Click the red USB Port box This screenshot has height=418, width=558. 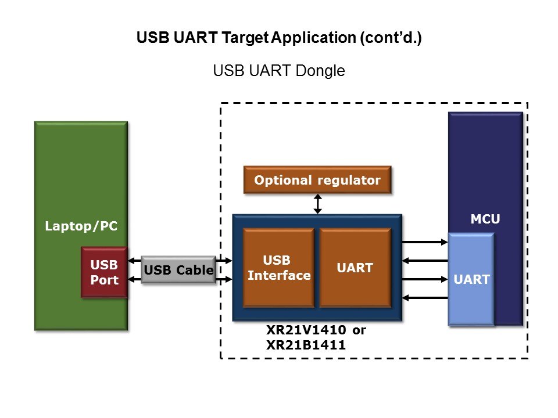(104, 272)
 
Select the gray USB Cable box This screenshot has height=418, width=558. (178, 271)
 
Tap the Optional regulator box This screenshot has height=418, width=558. (317, 180)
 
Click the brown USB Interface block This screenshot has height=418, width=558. (279, 268)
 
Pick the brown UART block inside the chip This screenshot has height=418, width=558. (355, 268)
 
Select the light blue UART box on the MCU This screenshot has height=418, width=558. (471, 279)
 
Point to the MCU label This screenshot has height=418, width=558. (485, 219)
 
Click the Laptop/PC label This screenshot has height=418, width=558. (81, 226)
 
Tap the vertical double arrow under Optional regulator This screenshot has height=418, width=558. (317, 204)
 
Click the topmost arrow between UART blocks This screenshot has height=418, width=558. (425, 242)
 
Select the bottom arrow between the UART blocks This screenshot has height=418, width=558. (425, 298)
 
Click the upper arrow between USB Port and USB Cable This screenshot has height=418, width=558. (134, 260)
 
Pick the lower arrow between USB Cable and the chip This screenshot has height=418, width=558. (224, 280)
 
